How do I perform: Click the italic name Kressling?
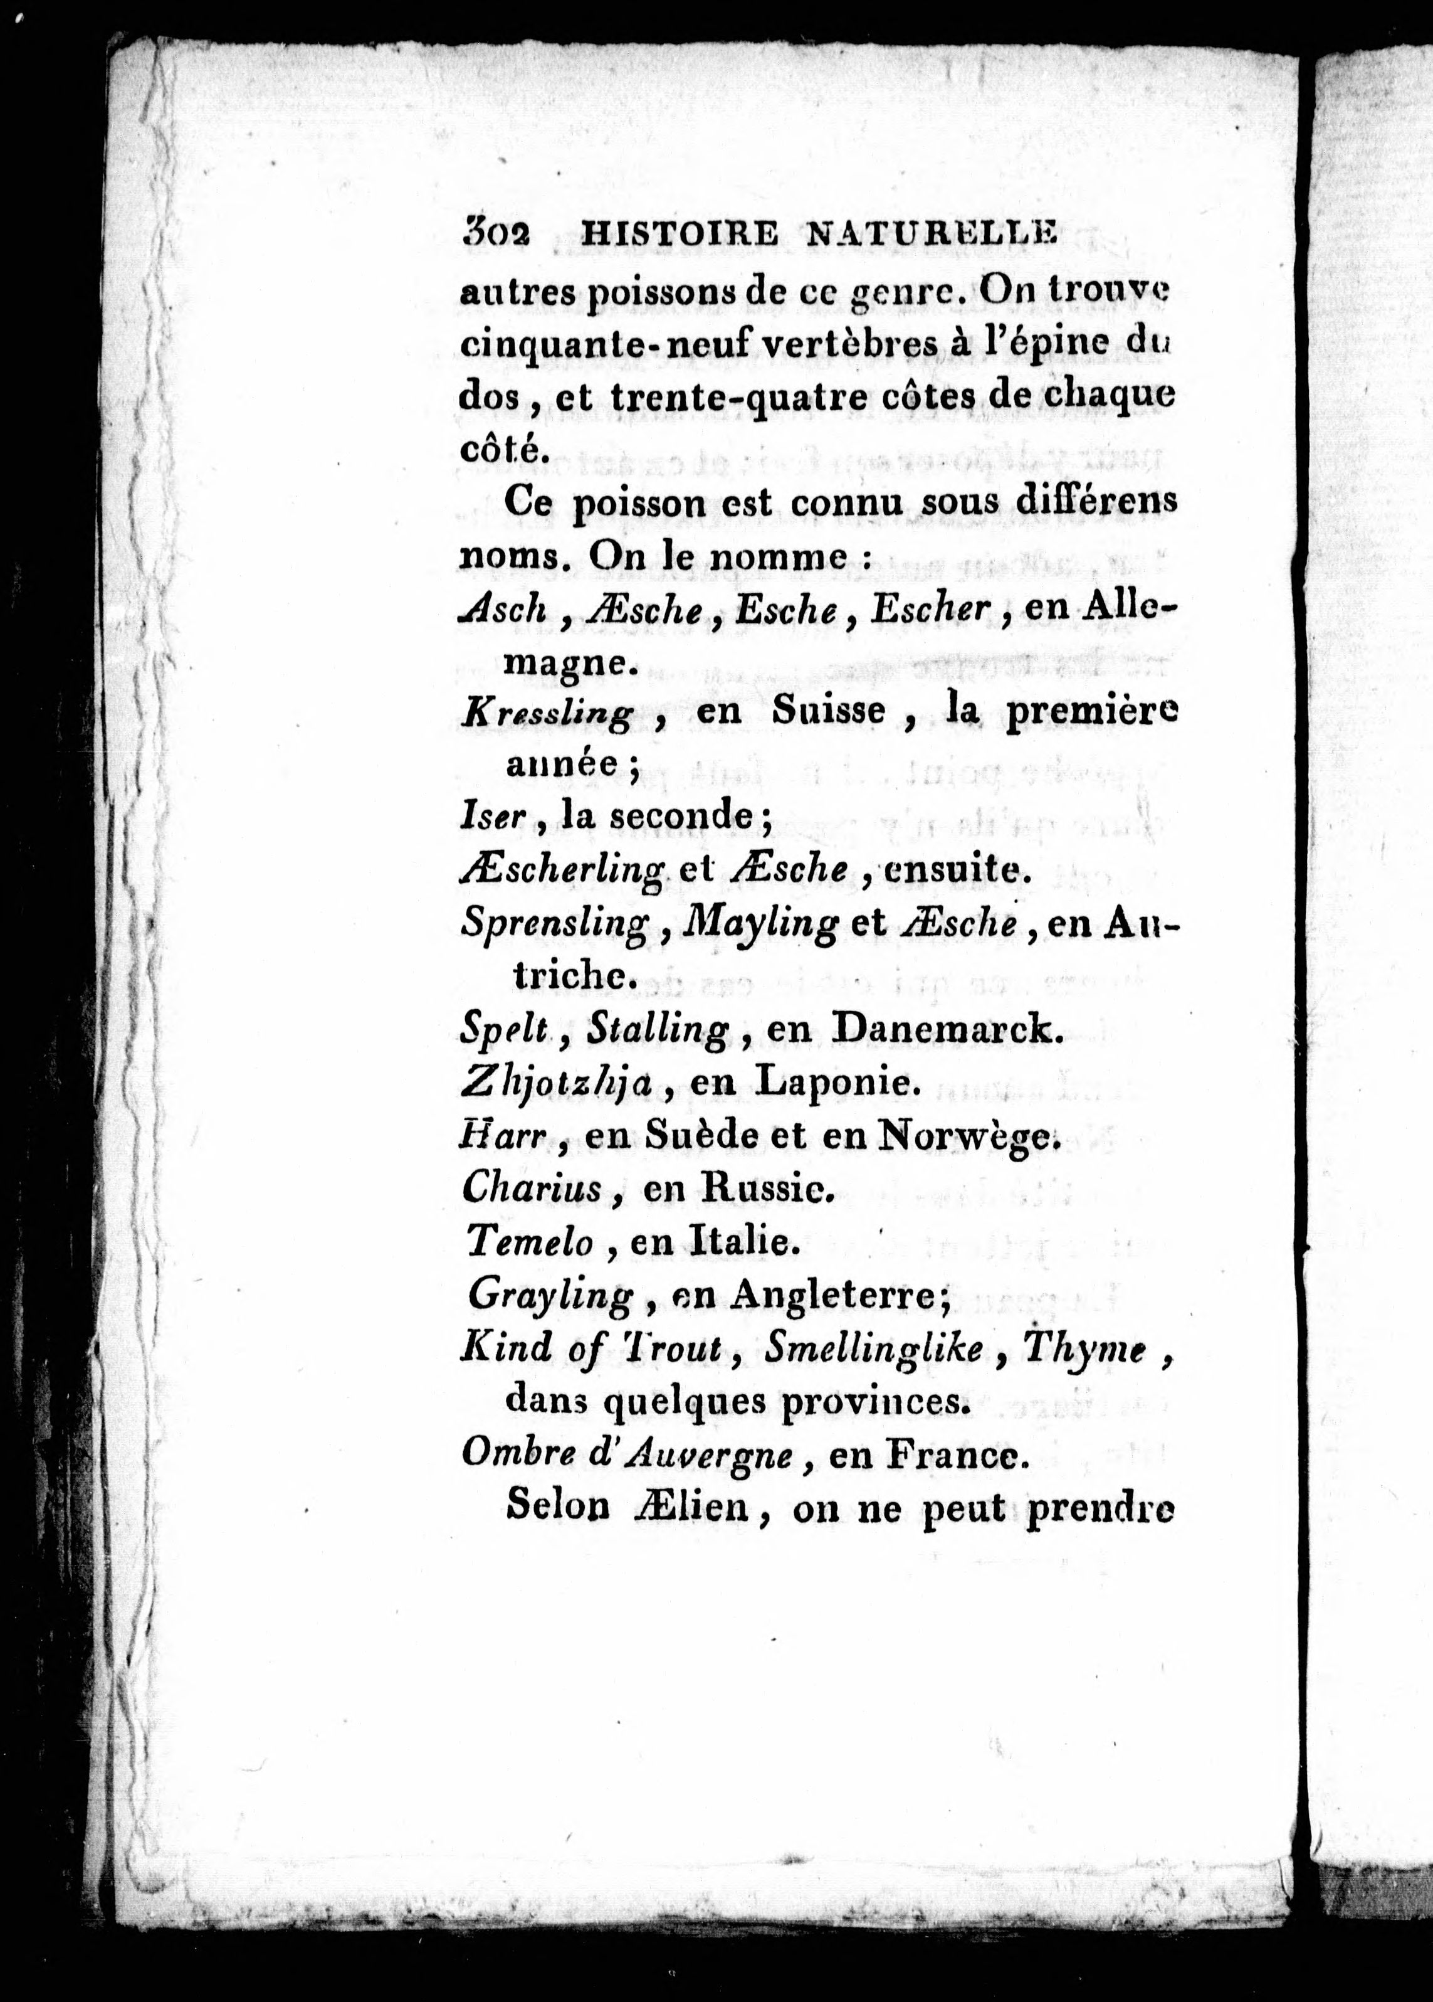click(547, 713)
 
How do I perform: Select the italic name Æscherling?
click(562, 872)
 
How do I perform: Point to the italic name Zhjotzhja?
click(557, 1084)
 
